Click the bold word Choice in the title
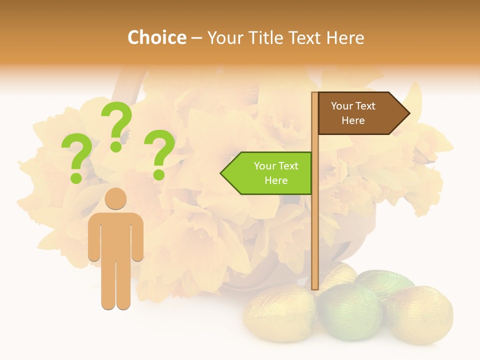[156, 38]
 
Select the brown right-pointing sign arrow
[362, 113]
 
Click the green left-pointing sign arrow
[267, 173]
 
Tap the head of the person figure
[115, 198]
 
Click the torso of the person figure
[115, 235]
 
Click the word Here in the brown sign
[353, 120]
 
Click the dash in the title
[196, 38]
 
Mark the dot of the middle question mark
[116, 146]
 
